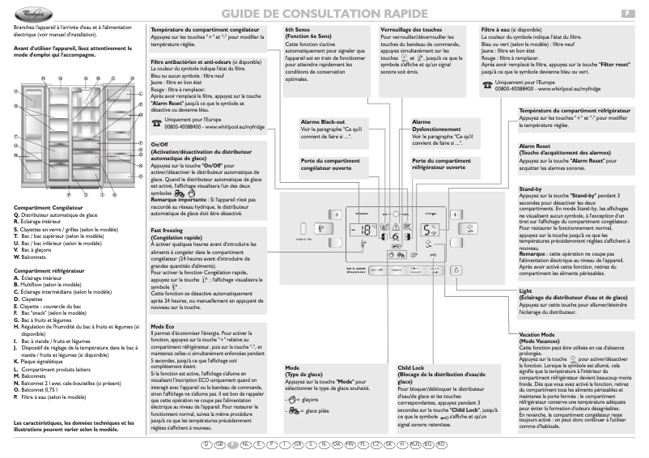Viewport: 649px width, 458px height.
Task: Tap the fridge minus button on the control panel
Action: click(456, 240)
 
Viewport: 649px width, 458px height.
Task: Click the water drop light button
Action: click(456, 272)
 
